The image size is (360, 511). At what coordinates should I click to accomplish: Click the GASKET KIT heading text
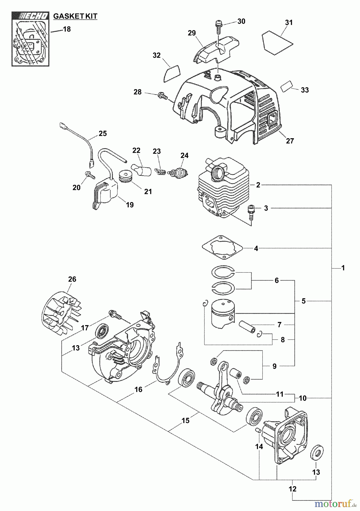pyautogui.click(x=75, y=16)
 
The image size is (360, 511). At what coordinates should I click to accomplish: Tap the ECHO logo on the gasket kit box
pyautogui.click(x=30, y=16)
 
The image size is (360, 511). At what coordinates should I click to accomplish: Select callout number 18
pyautogui.click(x=67, y=29)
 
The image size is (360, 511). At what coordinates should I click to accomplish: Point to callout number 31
pyautogui.click(x=289, y=22)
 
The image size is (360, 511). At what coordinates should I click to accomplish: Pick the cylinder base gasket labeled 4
pyautogui.click(x=222, y=248)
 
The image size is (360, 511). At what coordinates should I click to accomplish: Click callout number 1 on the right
pyautogui.click(x=343, y=268)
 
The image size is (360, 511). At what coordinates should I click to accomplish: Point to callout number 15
pyautogui.click(x=185, y=420)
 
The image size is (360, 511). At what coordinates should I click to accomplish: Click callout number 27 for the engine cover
pyautogui.click(x=290, y=141)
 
